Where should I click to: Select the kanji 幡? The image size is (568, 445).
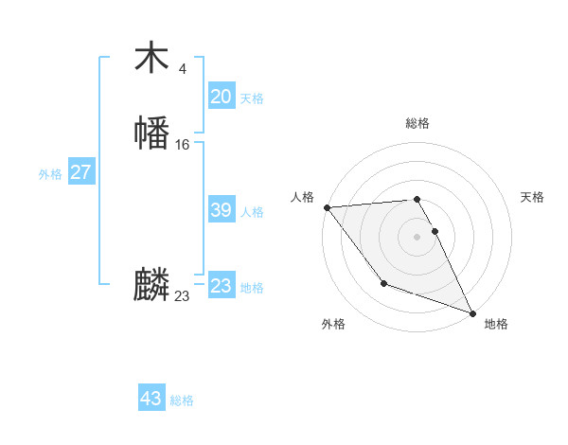151,133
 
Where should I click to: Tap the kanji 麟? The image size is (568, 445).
151,285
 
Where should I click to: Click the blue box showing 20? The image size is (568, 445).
221,97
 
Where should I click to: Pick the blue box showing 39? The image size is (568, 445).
221,210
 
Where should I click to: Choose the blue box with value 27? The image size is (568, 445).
80,172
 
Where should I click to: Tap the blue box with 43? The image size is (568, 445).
151,399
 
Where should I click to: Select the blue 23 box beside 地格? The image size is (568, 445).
221,286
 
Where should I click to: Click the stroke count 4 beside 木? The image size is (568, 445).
182,69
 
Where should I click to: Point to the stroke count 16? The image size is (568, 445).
182,145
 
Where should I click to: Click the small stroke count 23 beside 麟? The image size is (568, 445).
182,296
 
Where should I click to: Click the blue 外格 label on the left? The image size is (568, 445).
50,174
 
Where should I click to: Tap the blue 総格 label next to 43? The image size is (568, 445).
182,400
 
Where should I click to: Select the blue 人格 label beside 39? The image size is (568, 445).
252,212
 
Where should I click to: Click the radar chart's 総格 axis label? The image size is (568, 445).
417,123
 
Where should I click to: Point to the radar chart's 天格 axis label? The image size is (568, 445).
532,197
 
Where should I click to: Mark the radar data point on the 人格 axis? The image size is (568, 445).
327,206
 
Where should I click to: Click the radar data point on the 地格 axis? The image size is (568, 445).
472,312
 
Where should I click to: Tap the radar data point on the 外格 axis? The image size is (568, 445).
383,283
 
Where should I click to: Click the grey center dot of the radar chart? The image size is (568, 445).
417,236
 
